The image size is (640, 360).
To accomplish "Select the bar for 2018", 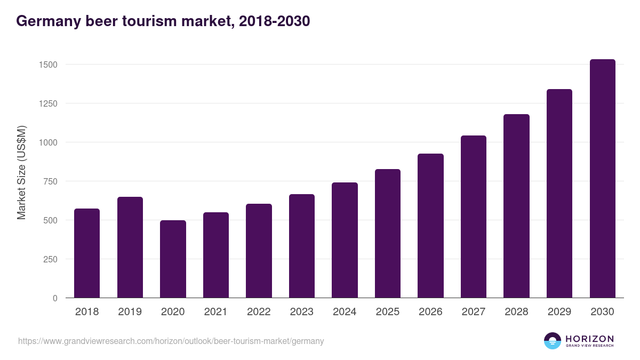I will tap(87, 253).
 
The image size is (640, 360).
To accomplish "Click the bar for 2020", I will tap(173, 259).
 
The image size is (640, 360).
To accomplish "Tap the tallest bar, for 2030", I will tap(602, 179).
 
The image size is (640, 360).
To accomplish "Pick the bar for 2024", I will tap(345, 240).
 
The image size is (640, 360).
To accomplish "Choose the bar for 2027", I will tap(474, 217).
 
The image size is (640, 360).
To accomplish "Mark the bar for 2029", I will tap(559, 194).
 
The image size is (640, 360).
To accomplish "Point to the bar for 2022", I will tap(259, 251).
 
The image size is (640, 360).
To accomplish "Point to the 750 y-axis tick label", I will tap(49, 181).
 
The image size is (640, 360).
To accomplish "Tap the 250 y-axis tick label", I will tap(49, 259).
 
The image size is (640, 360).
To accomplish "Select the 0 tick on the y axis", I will tap(55, 298).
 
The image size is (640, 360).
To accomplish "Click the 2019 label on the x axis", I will tap(130, 312).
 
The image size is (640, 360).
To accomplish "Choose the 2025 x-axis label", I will tap(387, 312).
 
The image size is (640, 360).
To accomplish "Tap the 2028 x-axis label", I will tap(516, 312).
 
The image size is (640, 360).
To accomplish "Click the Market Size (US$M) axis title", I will tap(22, 172).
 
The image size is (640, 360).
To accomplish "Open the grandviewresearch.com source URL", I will tap(171, 341).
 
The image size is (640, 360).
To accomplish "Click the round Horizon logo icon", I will tap(553, 341).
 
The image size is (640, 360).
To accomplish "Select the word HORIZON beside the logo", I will tap(589, 339).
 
